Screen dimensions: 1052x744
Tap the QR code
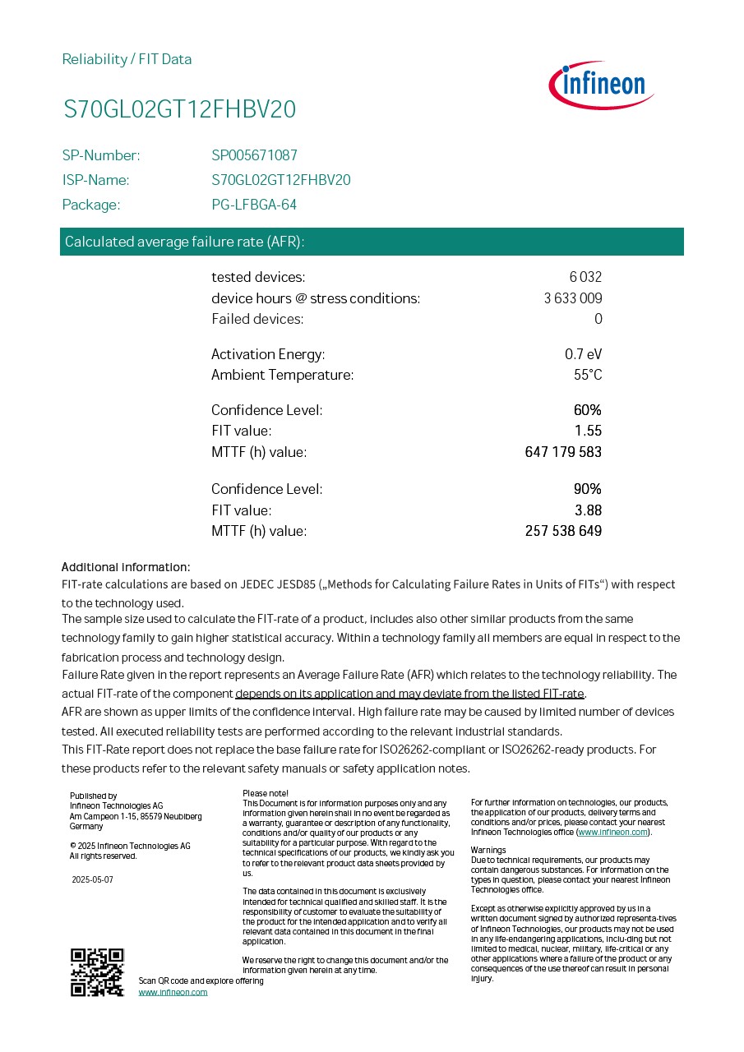tap(97, 972)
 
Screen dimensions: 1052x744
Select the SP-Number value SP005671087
tap(254, 155)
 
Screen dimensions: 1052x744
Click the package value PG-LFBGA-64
tap(254, 205)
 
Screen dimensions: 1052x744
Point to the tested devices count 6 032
tap(585, 277)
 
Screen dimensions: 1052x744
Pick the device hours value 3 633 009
tap(573, 298)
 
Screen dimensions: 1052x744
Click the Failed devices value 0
tap(598, 319)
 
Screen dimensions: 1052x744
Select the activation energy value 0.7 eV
tap(583, 354)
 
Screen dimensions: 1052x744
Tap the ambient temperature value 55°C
tap(587, 375)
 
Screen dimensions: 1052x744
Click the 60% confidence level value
tap(587, 410)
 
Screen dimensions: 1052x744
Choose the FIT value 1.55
tap(588, 431)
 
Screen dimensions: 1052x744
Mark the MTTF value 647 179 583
tap(563, 452)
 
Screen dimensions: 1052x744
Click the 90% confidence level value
tap(587, 489)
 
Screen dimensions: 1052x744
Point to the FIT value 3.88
tap(588, 510)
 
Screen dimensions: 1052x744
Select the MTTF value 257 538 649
tap(563, 531)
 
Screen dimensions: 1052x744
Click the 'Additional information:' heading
tap(126, 567)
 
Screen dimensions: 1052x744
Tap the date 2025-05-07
tap(92, 879)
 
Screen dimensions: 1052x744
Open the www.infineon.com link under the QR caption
tap(173, 992)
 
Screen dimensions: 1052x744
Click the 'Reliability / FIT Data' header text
tap(127, 59)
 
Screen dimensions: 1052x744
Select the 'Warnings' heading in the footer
tap(488, 850)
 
